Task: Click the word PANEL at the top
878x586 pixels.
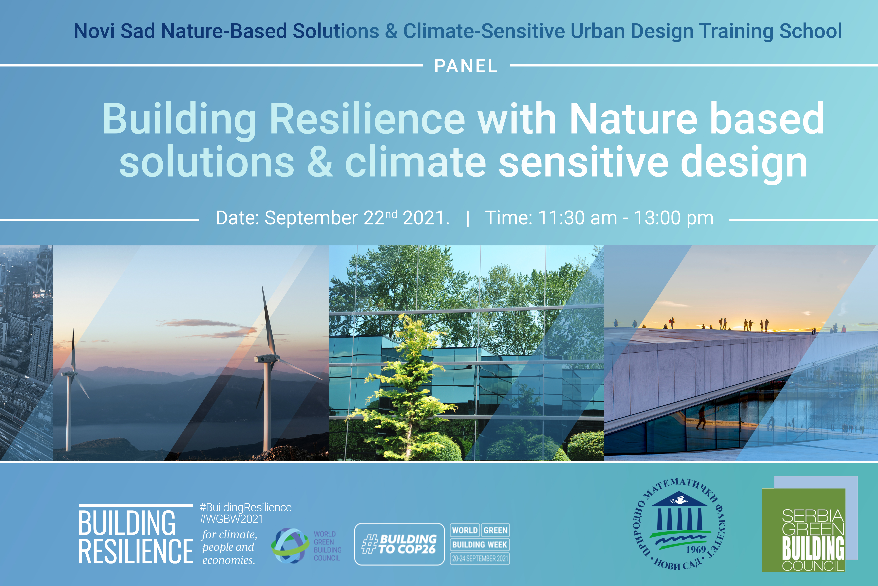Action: pyautogui.click(x=466, y=66)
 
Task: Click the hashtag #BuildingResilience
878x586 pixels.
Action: pyautogui.click(x=245, y=507)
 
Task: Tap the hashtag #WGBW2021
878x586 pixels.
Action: pyautogui.click(x=231, y=519)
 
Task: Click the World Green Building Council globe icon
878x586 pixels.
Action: pyautogui.click(x=289, y=546)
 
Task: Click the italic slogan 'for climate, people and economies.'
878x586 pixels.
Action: pyautogui.click(x=229, y=547)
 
